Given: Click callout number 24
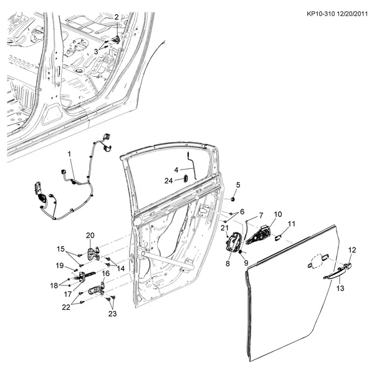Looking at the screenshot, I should [x=168, y=181].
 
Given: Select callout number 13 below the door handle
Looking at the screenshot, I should [x=340, y=288].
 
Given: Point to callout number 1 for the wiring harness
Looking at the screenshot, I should [x=69, y=153].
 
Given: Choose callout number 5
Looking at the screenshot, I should [x=237, y=185].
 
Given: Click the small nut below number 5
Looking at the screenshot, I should [x=233, y=199].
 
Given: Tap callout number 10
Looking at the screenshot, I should [x=277, y=214].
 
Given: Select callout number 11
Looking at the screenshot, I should [x=291, y=224].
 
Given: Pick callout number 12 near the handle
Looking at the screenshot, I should [x=352, y=250].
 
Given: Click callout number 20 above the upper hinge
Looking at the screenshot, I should [x=90, y=235].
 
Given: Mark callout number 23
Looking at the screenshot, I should [x=112, y=314].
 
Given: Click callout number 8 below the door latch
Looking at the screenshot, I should [x=228, y=264].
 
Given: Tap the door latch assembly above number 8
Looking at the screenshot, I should [x=235, y=244].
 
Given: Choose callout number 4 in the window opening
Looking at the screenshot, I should [x=176, y=170].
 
